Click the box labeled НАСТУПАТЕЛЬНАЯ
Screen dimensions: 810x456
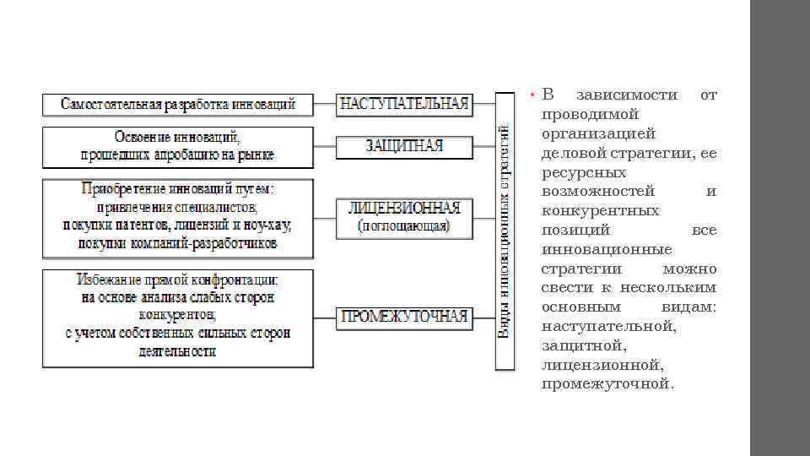coord(403,105)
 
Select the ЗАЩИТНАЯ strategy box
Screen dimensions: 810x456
coord(403,146)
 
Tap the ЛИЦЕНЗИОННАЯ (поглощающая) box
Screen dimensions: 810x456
coord(403,217)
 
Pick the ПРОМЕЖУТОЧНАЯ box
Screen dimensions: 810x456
coord(403,317)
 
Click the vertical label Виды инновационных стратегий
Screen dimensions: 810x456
coord(504,231)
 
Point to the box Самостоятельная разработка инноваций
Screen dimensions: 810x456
coord(178,105)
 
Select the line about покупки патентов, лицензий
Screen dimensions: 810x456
coord(178,225)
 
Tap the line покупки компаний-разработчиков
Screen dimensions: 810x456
coord(178,243)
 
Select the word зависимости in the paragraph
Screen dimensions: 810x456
coord(625,95)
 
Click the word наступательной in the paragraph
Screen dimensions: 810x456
coord(608,326)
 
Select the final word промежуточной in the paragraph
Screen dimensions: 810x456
coord(608,384)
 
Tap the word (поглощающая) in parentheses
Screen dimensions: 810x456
coord(403,226)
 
